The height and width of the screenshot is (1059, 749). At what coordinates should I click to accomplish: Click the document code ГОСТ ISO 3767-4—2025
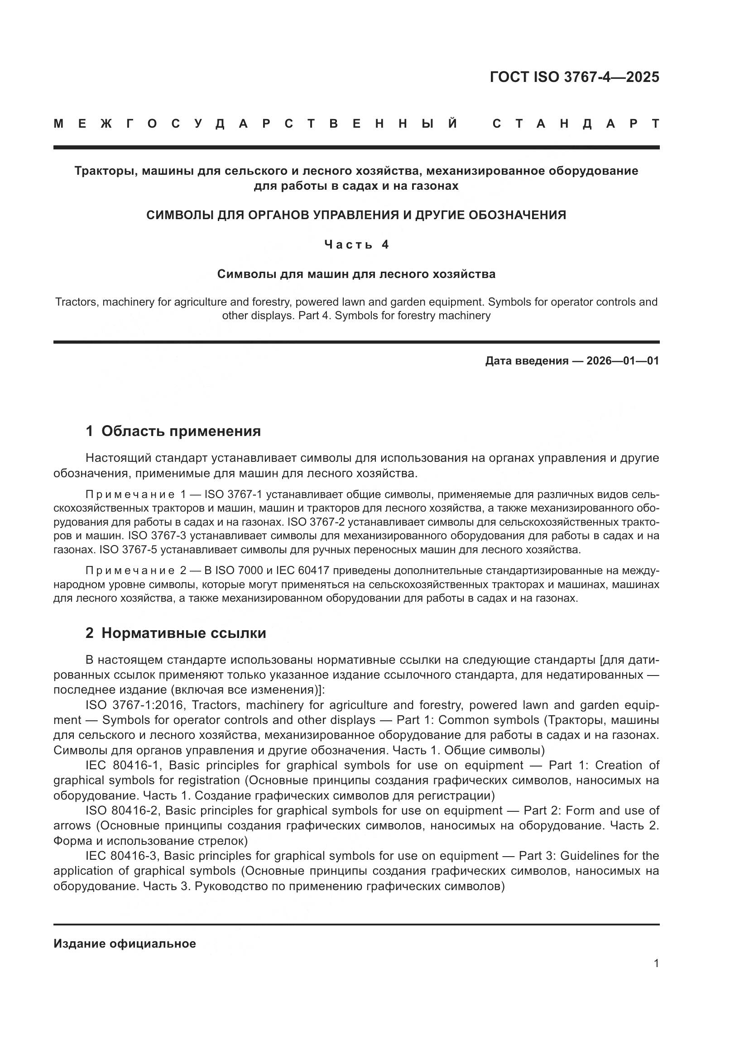pos(574,77)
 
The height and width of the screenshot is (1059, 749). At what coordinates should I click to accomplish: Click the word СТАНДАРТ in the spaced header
pos(576,124)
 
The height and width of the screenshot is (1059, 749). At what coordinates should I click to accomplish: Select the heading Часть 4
pos(356,244)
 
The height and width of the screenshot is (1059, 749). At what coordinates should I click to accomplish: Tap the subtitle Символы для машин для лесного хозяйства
pos(356,274)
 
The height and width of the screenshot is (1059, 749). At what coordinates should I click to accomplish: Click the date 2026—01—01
pos(623,361)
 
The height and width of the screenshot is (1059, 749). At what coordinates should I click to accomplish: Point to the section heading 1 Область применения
pos(173,431)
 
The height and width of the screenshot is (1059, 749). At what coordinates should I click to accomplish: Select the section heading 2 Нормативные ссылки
pos(176,633)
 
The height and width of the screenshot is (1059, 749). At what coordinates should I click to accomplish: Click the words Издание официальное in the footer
pos(125,944)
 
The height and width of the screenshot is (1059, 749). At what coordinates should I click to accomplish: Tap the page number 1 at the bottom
pos(656,963)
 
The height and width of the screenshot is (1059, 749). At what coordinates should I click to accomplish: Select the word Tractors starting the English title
pos(75,302)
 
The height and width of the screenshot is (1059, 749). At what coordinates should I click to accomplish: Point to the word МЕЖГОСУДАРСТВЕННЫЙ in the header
pos(256,124)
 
